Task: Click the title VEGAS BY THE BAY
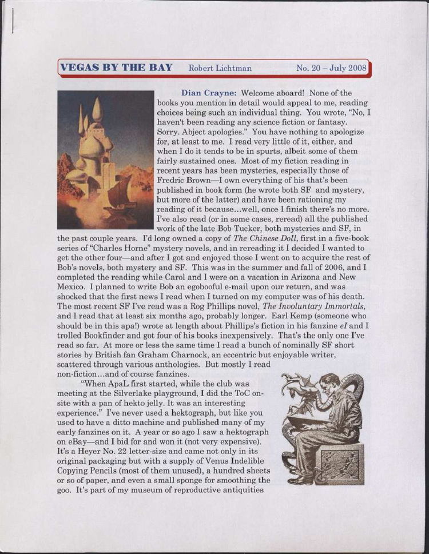[116, 67]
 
